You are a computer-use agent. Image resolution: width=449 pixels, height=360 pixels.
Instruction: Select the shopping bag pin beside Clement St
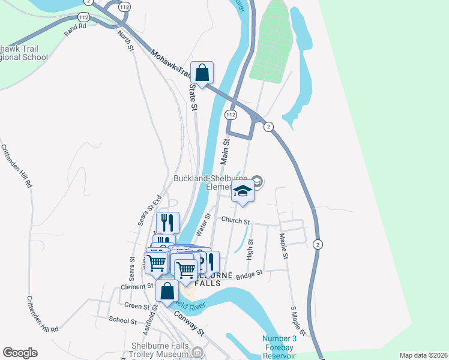167,291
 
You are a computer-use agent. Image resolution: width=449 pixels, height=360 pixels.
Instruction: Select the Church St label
235,221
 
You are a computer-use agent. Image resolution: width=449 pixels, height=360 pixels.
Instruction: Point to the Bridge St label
249,274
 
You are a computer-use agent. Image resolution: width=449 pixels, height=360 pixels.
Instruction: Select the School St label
123,320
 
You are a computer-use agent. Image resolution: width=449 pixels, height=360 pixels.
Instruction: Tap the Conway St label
190,323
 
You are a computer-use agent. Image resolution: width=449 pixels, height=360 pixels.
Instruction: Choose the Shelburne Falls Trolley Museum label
160,350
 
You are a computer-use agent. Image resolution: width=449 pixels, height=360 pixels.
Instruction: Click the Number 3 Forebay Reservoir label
279,346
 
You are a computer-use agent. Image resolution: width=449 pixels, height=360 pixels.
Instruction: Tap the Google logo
20,353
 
